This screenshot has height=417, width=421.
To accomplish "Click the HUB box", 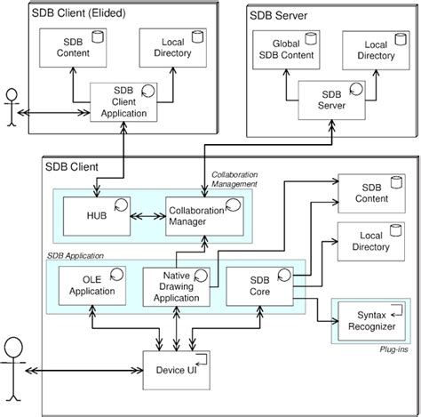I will click(97, 215).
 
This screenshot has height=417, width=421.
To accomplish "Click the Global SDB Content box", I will click(287, 51).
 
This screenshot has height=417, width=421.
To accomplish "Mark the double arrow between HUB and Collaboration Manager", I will click(145, 215).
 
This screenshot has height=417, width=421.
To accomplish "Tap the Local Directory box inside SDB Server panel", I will click(373, 51).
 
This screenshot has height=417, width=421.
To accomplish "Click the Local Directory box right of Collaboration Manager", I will click(364, 242).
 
